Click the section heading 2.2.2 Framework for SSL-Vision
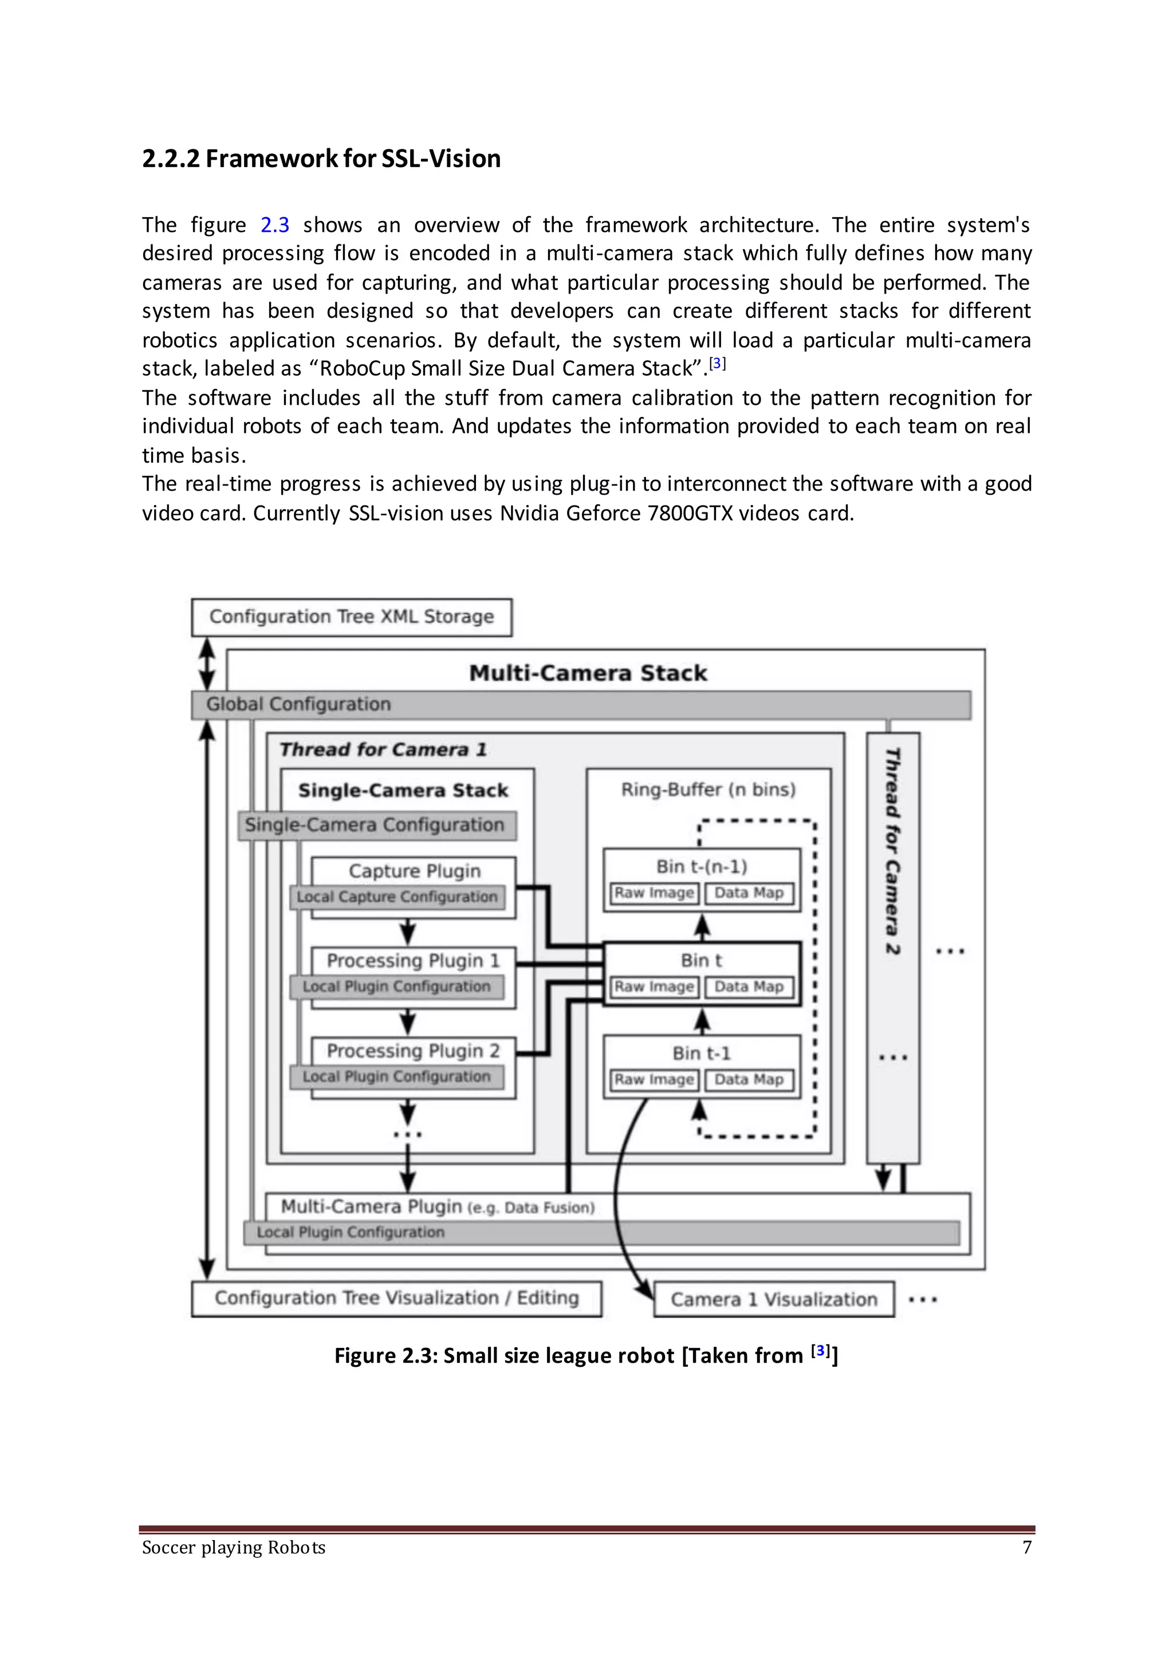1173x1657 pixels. pos(321,159)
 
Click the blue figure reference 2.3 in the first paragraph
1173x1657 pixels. pos(274,225)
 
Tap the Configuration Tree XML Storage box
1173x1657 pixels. pos(351,617)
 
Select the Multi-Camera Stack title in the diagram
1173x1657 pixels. pos(588,673)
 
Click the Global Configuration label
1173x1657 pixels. pos(298,704)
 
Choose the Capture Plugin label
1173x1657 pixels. pos(414,871)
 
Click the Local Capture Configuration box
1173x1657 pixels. pos(397,897)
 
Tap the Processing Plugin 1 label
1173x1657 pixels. pos(413,960)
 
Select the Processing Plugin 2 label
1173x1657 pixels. pos(413,1051)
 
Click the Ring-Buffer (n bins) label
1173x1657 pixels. pos(708,789)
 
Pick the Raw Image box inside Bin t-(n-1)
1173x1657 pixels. pos(654,893)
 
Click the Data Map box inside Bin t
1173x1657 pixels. pos(749,987)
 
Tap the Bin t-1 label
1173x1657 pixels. pos(702,1054)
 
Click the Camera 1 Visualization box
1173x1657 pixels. pos(774,1299)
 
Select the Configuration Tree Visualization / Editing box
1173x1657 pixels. pos(396,1297)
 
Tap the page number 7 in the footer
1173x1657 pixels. pos(1026,1546)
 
